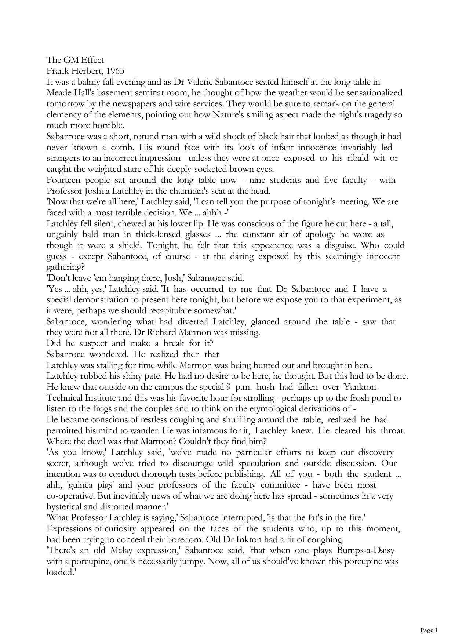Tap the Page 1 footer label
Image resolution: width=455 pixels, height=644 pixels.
[429, 630]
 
